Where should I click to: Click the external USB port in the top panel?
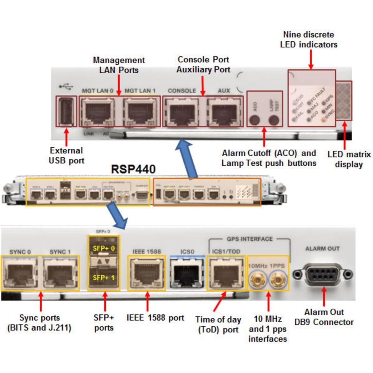[x=66, y=111]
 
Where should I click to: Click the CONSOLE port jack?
[x=182, y=112]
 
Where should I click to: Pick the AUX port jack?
[x=225, y=112]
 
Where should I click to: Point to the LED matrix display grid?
[x=344, y=101]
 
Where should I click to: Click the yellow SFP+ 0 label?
[x=104, y=248]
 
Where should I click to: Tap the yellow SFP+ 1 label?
[x=104, y=278]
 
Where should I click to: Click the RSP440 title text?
[x=133, y=169]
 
